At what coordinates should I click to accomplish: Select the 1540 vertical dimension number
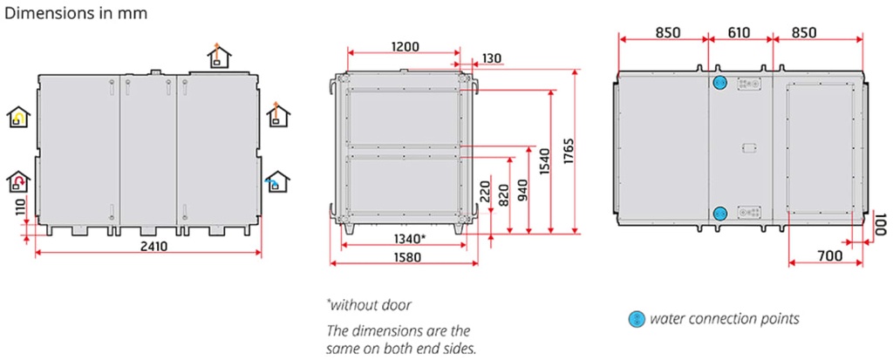point(546,161)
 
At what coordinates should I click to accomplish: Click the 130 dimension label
point(493,58)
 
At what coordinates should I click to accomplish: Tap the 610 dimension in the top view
point(739,32)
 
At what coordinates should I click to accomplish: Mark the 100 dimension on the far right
point(881,224)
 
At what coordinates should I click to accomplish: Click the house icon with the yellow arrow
point(18,117)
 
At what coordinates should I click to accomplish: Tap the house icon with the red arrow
point(18,181)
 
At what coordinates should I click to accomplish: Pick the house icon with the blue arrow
point(278,181)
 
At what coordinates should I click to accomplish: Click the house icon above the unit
point(219,55)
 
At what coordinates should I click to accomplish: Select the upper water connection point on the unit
point(719,83)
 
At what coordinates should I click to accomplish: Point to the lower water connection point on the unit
point(719,214)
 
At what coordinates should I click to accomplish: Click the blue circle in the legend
point(636,319)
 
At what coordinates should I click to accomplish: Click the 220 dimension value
point(485,192)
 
